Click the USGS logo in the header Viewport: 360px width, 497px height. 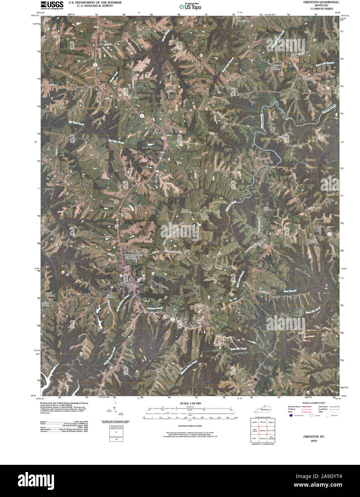(x=52, y=5)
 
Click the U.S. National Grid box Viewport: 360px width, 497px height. (x=116, y=427)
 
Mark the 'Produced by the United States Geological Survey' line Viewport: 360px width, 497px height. (x=64, y=403)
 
